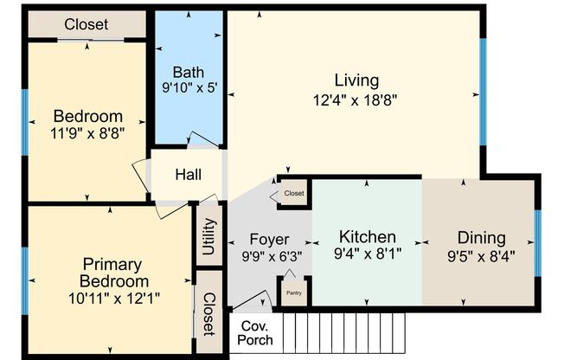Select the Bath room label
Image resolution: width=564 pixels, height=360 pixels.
[189, 72]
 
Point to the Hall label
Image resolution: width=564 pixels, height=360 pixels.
[188, 175]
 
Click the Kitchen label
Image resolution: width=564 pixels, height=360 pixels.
[367, 236]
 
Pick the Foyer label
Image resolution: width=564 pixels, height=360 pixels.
[269, 239]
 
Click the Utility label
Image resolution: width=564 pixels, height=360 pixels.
[208, 235]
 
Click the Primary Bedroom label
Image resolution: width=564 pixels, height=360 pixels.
[112, 272]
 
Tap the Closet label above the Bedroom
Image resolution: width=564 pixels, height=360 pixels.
[86, 24]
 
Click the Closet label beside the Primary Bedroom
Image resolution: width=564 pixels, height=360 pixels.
[208, 313]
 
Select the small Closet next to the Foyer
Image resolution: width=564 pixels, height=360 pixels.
[293, 194]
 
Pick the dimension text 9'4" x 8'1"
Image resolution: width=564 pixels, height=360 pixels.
[367, 254]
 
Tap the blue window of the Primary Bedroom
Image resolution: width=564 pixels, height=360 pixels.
[25, 280]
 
